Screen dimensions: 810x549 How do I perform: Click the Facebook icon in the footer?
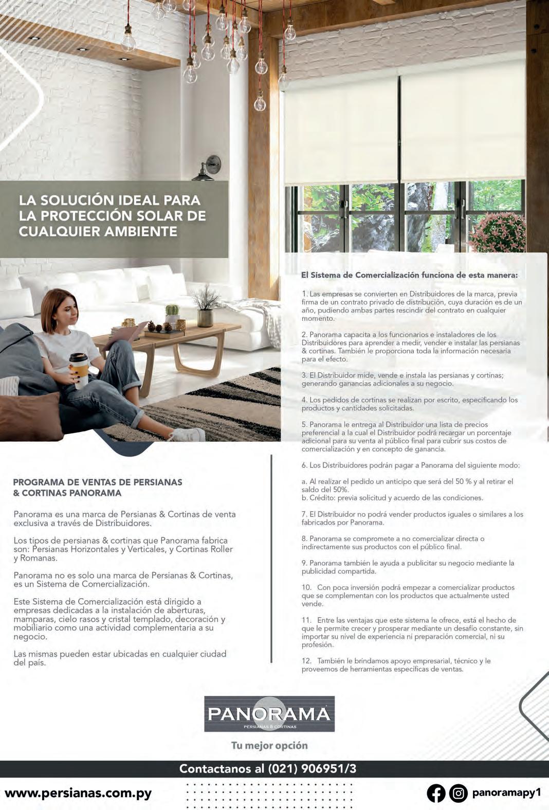click(x=436, y=793)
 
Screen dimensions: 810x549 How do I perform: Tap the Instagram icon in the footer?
click(x=458, y=793)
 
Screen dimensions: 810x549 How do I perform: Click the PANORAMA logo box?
click(x=269, y=714)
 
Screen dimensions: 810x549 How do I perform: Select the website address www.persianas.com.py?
click(x=78, y=793)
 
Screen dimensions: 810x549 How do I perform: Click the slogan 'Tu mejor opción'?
click(x=269, y=745)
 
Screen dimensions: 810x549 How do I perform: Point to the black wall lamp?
click(x=209, y=169)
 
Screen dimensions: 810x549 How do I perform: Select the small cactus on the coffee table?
click(x=172, y=311)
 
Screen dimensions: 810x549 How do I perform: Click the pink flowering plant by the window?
click(x=499, y=233)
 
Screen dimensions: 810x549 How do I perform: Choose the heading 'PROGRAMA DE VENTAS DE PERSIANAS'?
click(x=98, y=482)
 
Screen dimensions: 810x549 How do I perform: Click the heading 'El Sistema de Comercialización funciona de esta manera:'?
click(x=409, y=275)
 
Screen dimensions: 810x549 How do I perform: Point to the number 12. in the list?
click(x=306, y=661)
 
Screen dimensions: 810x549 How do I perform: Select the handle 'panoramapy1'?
click(x=506, y=793)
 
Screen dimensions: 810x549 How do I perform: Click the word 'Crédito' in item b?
click(x=322, y=498)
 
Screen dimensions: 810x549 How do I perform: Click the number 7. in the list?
click(x=304, y=514)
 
